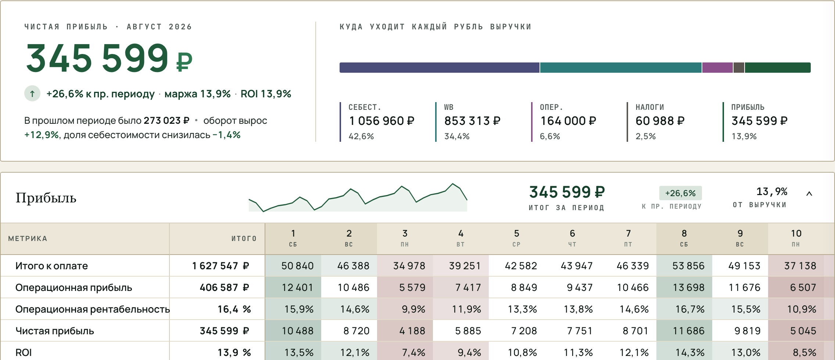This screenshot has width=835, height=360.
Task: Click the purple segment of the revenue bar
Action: [x=717, y=68]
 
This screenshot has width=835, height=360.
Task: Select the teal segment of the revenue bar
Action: [x=621, y=68]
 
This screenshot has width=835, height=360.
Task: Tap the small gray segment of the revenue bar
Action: [x=739, y=68]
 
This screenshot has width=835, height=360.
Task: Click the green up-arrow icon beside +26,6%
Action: [x=32, y=94]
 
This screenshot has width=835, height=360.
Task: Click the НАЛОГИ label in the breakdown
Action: [x=650, y=107]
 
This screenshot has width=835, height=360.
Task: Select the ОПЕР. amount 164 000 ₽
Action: [x=568, y=121]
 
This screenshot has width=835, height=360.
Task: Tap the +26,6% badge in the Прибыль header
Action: [x=680, y=193]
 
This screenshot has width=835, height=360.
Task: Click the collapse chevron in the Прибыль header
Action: [x=809, y=194]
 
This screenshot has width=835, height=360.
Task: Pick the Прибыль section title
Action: [x=46, y=198]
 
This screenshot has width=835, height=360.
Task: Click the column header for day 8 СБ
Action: [x=684, y=238]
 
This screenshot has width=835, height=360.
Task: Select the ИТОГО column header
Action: [x=244, y=238]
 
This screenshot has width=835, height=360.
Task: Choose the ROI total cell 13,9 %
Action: [x=234, y=353]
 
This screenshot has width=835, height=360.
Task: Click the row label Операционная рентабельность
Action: [x=93, y=309]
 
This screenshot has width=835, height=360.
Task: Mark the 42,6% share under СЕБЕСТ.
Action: [x=361, y=136]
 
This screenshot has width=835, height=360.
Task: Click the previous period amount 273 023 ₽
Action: [x=166, y=120]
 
